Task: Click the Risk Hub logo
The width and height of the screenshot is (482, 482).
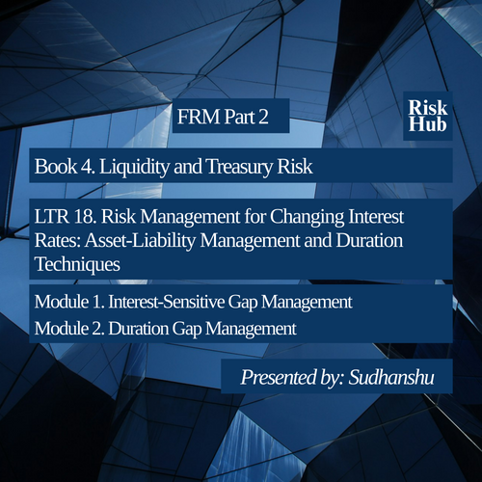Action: tap(428, 116)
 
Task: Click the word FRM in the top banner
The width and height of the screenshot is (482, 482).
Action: tap(199, 117)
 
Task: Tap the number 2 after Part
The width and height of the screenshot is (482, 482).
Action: tap(263, 117)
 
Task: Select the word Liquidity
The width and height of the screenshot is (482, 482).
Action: tap(134, 167)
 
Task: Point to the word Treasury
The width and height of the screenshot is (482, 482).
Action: tap(239, 167)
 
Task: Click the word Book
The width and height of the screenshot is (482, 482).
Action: tap(56, 166)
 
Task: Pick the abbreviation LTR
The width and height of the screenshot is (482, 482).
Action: tap(51, 216)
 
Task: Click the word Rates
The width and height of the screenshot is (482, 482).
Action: tap(58, 240)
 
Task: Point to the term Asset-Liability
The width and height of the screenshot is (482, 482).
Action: tap(140, 241)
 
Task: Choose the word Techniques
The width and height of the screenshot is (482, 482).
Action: tap(77, 265)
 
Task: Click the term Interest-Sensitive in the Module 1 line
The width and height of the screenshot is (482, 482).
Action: tap(167, 302)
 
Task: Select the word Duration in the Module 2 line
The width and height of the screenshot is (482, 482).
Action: tap(138, 329)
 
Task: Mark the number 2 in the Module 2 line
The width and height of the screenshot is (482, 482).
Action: tap(98, 329)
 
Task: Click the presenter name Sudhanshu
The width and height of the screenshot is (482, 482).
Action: tap(391, 377)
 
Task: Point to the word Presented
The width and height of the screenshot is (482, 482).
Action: tap(278, 377)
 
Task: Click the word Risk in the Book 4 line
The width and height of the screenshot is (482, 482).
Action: tap(295, 166)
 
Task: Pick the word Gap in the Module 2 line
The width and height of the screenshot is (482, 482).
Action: tap(187, 330)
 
